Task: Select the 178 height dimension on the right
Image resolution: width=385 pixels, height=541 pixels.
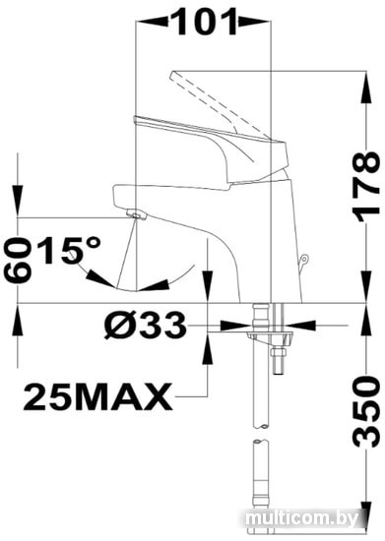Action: tap(366, 187)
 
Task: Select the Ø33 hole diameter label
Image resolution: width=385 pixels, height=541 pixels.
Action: tap(145, 326)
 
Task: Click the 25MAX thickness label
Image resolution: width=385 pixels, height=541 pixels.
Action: tap(97, 396)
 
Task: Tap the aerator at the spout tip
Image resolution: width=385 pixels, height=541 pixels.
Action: tap(137, 215)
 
